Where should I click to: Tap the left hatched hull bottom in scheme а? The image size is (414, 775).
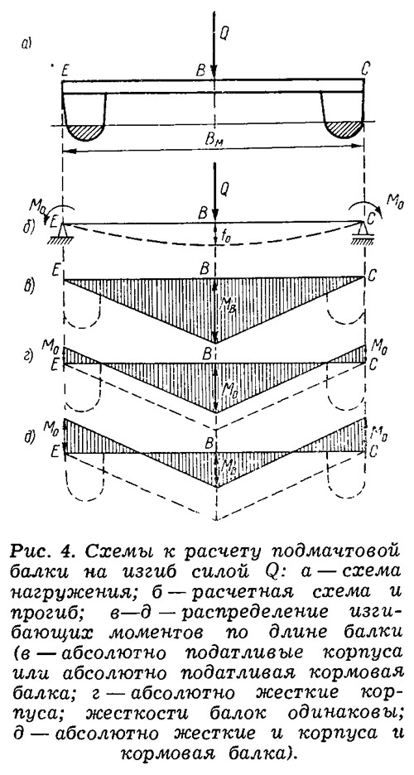click(84, 132)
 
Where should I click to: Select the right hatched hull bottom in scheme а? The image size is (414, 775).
click(344, 131)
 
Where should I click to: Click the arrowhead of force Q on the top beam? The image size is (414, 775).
click(214, 73)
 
